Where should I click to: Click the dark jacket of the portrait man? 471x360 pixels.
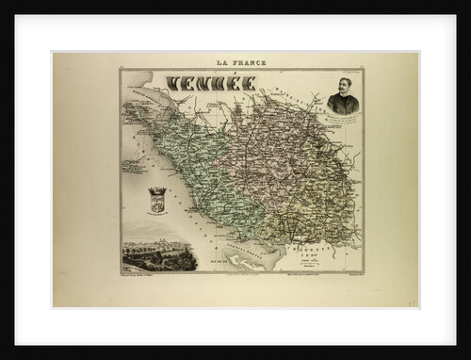pos(342,107)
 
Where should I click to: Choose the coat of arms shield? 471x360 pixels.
pos(157,201)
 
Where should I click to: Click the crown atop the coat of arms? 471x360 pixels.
pos(157,189)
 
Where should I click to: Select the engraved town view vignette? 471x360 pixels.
pos(157,252)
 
